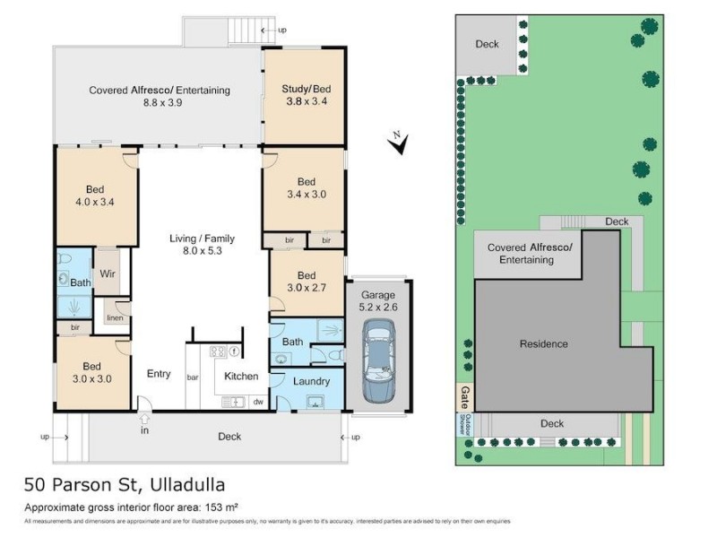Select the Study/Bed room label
click(307, 95)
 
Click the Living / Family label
click(202, 245)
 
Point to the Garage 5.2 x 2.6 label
click(377, 301)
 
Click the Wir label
click(108, 273)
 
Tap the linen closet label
click(113, 318)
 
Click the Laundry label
click(311, 381)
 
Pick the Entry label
click(158, 374)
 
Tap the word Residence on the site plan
click(544, 343)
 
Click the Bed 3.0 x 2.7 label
click(307, 282)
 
